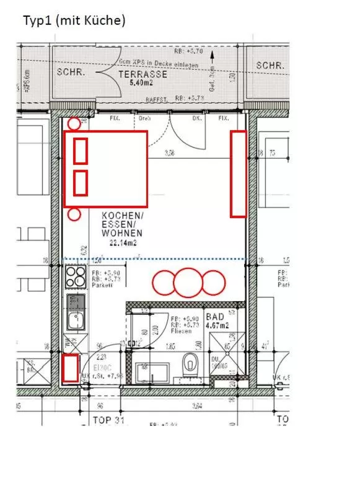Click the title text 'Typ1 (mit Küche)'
[74, 20]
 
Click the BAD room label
[215, 316]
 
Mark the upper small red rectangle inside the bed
[81, 151]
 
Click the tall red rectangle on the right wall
[238, 174]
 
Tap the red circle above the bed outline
[74, 123]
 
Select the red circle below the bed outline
[74, 215]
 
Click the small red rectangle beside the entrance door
[71, 368]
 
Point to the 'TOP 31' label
[108, 420]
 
